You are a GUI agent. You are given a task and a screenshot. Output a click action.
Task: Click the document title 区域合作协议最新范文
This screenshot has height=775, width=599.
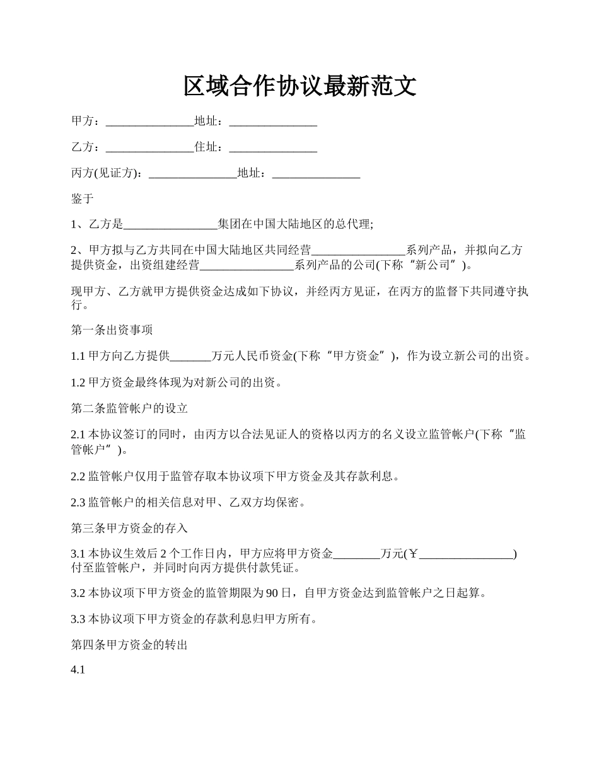299,86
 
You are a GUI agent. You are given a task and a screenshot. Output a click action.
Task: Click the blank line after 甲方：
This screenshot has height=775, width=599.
149,122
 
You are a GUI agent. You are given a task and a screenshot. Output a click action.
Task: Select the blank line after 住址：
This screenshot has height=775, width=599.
272,148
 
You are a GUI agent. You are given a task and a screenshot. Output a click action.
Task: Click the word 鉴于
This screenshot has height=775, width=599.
83,199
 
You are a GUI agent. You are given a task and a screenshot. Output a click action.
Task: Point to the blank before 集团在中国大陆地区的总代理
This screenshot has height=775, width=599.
170,224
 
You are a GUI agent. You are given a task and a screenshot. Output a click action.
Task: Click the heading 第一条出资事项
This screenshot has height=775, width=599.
112,330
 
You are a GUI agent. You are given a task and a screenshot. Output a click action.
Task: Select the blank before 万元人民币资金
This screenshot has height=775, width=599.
190,357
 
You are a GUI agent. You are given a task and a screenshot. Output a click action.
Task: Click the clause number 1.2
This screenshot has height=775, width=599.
78,382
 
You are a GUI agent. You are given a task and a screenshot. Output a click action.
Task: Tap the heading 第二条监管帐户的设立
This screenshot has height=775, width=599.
129,408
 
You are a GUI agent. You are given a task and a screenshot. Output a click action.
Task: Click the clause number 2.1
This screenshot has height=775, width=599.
78,434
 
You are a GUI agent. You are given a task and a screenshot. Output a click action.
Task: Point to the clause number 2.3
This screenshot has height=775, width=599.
78,503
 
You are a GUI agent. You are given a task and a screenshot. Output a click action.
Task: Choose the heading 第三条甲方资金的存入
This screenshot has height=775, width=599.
129,529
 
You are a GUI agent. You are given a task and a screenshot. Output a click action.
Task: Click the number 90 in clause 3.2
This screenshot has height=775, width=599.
272,594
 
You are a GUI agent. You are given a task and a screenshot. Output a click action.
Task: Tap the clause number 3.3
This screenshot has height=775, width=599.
78,619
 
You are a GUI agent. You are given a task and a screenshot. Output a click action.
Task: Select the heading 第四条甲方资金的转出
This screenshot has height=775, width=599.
129,645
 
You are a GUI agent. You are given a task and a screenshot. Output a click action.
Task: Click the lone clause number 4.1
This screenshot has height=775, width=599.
78,671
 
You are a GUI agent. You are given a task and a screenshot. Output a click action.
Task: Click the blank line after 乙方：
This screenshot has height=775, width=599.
149,148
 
